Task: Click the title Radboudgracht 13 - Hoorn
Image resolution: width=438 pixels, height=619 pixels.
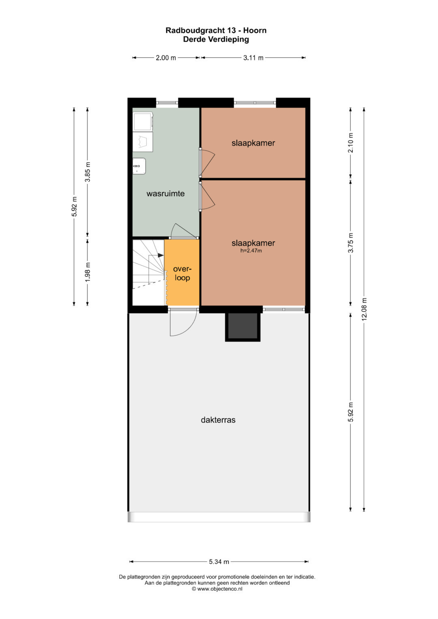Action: pos(216,30)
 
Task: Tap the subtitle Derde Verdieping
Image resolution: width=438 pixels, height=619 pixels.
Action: pos(216,39)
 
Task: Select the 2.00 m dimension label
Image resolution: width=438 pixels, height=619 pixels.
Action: pos(166,58)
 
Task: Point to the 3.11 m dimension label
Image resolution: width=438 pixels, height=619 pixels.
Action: pos(253,58)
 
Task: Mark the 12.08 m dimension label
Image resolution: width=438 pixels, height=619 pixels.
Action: pos(364,309)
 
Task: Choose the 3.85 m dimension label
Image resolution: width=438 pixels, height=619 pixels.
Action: pos(88,172)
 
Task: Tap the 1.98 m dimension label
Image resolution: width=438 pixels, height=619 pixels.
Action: pos(88,272)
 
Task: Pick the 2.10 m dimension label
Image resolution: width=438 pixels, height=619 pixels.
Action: pos(351,143)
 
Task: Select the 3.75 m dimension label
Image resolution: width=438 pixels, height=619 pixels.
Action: pos(351,243)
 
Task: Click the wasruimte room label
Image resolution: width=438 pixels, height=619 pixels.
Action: pos(165,193)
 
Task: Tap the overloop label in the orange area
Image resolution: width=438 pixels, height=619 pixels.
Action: pos(182,273)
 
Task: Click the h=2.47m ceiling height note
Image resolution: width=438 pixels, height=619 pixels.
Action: pos(251,251)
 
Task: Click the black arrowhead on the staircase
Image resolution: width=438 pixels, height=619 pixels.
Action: pos(161,256)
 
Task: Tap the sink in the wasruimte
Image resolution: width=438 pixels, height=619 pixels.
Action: pos(139,166)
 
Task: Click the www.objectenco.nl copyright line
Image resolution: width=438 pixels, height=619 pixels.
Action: pos(217,589)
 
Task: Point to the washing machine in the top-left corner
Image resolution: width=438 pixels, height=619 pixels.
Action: pos(143,122)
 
